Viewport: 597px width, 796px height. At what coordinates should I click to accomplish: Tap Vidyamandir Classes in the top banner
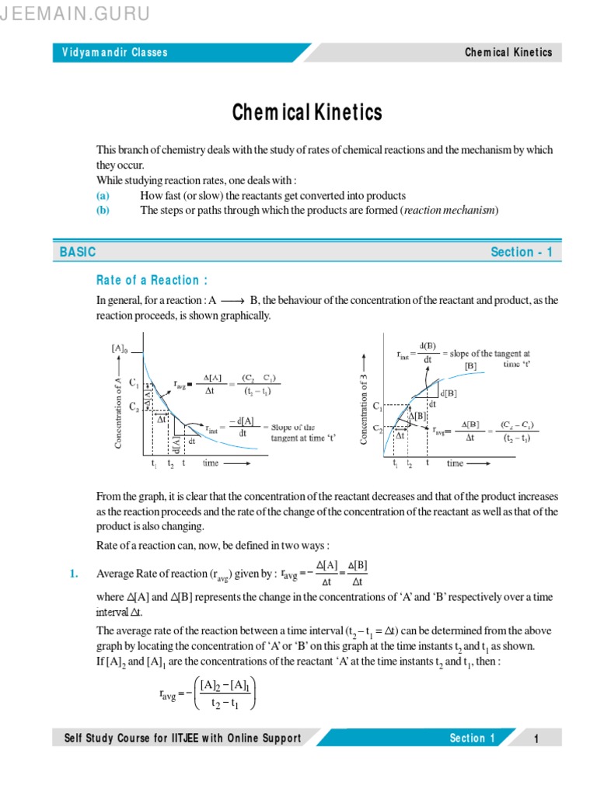click(115, 53)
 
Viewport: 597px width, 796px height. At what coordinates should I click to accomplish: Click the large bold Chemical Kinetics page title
click(308, 113)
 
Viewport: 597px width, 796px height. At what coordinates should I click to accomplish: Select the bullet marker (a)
click(103, 196)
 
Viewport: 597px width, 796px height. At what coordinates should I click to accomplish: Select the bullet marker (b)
click(103, 211)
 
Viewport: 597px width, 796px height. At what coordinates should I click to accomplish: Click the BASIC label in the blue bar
click(78, 252)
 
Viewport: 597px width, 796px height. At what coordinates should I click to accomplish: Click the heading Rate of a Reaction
click(152, 280)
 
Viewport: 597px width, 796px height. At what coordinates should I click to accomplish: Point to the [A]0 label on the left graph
click(120, 348)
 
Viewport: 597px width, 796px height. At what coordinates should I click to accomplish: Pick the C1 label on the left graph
click(134, 382)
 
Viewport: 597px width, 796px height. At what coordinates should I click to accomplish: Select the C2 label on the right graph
click(378, 428)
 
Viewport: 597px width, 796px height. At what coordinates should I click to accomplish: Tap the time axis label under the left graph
click(211, 463)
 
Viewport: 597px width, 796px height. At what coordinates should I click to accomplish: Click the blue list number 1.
click(73, 574)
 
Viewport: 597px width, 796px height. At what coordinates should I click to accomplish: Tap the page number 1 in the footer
click(536, 738)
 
